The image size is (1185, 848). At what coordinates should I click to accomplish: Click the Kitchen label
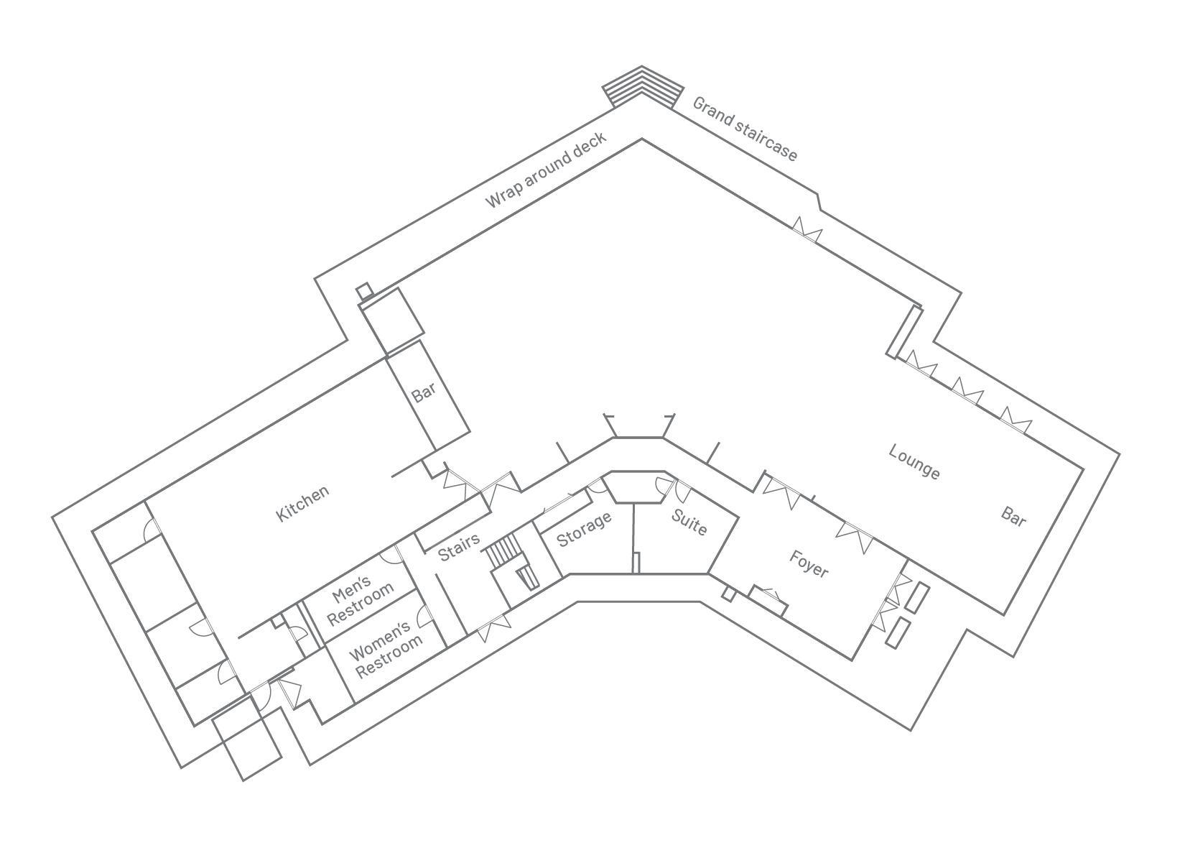(x=302, y=503)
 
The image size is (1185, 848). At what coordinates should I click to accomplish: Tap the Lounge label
(x=914, y=461)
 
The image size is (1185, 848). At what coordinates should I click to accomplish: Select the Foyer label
(x=809, y=563)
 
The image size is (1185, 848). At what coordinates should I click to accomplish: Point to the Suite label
(x=689, y=522)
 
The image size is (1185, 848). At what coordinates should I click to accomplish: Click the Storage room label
(x=584, y=529)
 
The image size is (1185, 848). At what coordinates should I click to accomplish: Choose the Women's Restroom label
(x=385, y=649)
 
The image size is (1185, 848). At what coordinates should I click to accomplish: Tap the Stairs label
(x=459, y=547)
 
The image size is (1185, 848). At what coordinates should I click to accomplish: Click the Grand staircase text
(x=745, y=129)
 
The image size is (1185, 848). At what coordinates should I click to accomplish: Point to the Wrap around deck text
(x=545, y=170)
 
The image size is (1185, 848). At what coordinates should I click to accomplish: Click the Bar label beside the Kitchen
(x=423, y=392)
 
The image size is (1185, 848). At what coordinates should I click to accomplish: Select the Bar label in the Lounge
(x=1013, y=517)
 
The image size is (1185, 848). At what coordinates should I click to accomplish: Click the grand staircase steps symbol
(x=643, y=88)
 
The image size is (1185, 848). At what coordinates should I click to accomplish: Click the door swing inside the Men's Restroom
(x=391, y=553)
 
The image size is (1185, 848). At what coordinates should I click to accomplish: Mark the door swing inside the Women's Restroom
(x=427, y=616)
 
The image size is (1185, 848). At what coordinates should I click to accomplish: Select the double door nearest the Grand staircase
(x=807, y=230)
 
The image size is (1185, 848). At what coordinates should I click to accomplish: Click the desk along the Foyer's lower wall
(x=768, y=602)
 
